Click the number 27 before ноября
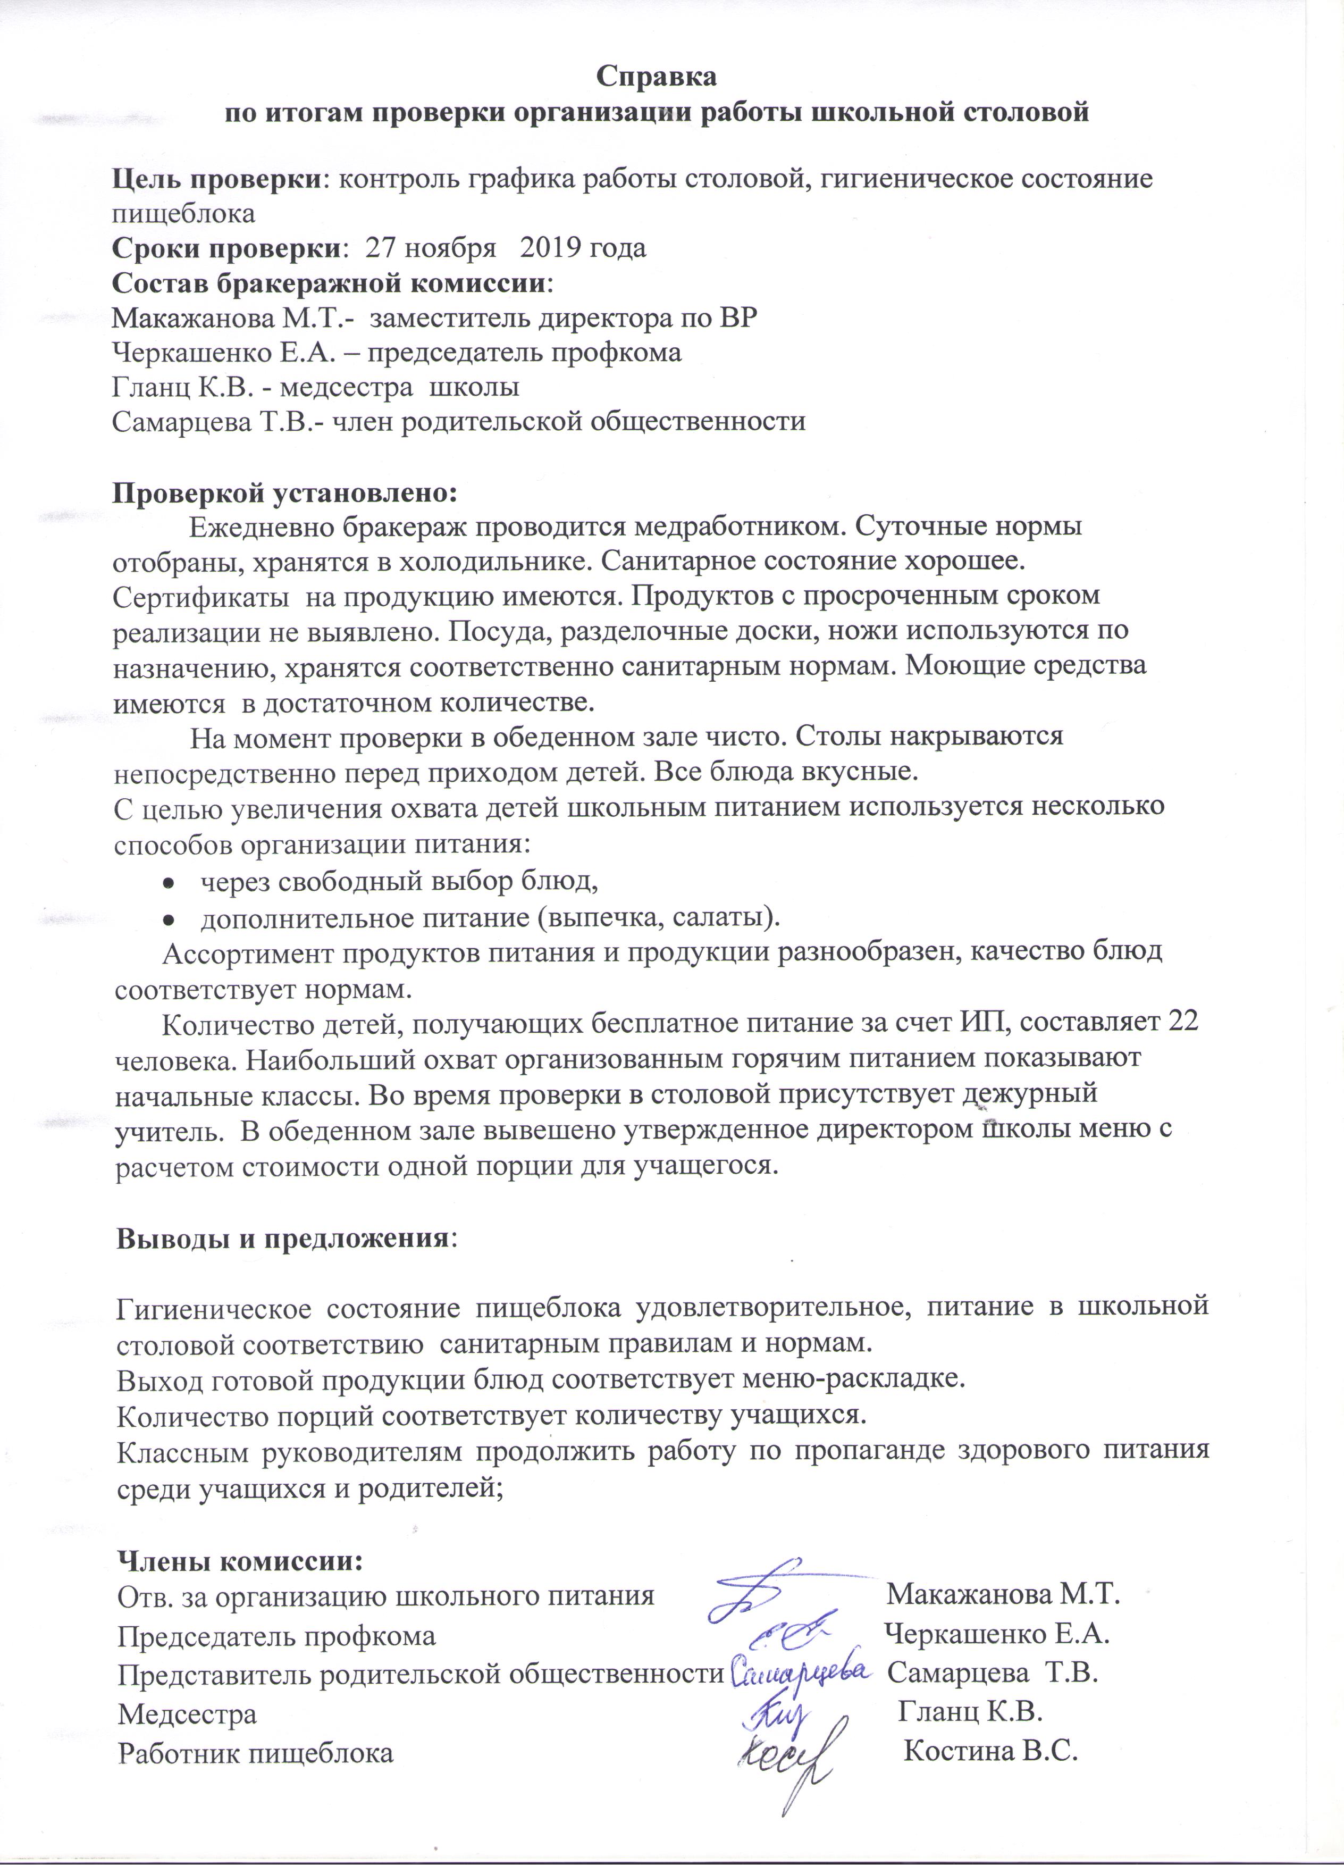[381, 247]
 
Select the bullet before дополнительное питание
[167, 918]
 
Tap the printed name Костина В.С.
[990, 1752]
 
